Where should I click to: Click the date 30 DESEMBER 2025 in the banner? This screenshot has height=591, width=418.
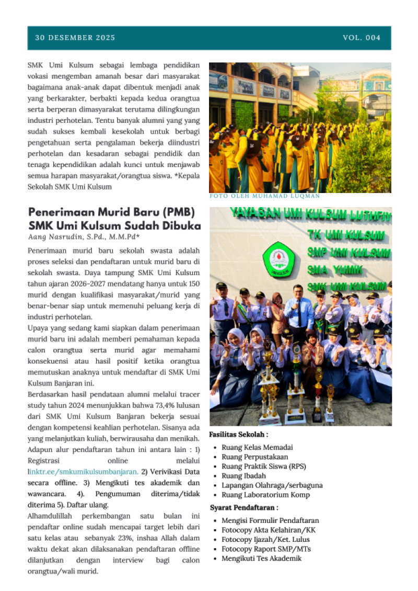75,38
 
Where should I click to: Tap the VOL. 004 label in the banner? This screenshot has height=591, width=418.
362,38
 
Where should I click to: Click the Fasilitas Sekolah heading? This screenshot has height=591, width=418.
238,435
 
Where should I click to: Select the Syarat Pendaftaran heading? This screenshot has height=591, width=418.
244,507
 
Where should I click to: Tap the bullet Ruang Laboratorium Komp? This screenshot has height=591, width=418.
265,495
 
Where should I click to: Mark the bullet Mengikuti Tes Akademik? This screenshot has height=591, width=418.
261,558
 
